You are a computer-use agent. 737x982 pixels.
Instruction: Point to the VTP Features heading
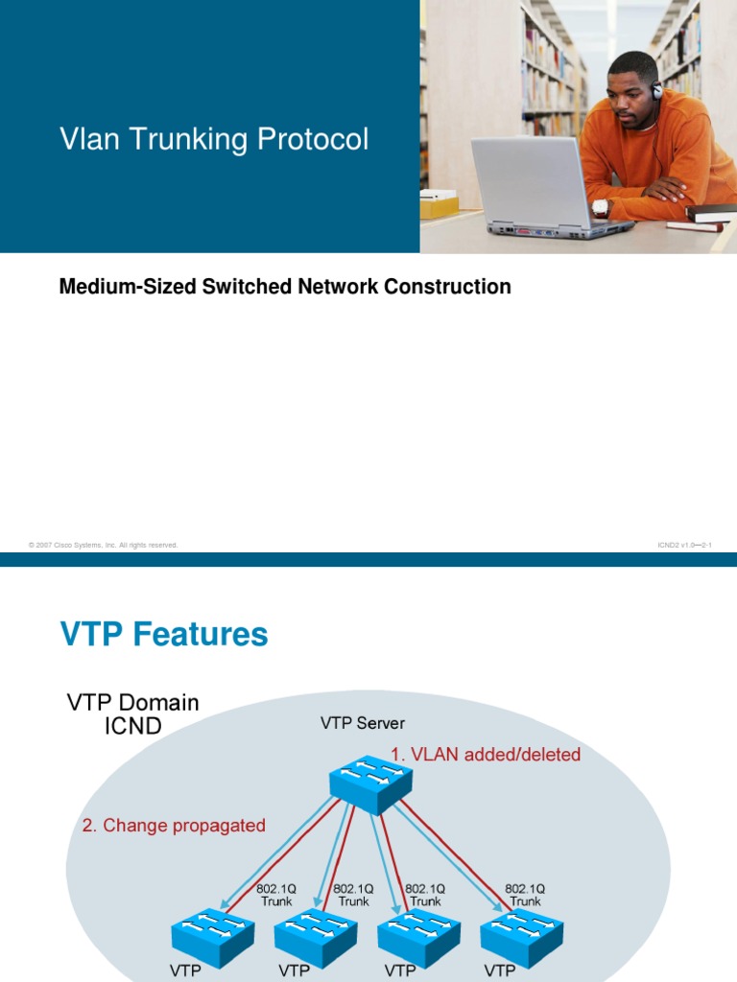pos(164,634)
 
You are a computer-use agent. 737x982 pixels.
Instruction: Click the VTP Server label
pos(363,723)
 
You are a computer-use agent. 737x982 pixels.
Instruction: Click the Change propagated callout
pos(174,826)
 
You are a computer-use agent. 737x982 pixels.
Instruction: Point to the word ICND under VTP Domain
pos(132,726)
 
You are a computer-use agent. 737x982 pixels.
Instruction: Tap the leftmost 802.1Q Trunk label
pos(277,895)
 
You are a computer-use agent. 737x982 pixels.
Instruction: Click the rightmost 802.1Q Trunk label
pos(525,895)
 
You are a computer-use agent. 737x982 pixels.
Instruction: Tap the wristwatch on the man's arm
pos(601,206)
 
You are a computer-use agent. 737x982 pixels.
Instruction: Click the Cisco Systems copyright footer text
pos(104,545)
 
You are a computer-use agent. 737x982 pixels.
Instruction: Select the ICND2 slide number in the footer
pos(684,545)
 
